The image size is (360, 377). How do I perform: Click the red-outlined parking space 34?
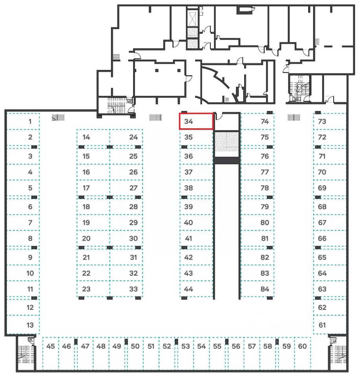196,121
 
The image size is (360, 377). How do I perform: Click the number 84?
265,289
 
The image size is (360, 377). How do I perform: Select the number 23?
86,289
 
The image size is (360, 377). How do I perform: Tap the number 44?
188,289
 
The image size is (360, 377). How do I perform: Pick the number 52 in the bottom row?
167,346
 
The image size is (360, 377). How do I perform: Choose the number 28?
133,207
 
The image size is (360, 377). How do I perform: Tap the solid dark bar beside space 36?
227,160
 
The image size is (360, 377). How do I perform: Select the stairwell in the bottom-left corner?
26,353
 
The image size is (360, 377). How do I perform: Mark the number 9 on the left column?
30,258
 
